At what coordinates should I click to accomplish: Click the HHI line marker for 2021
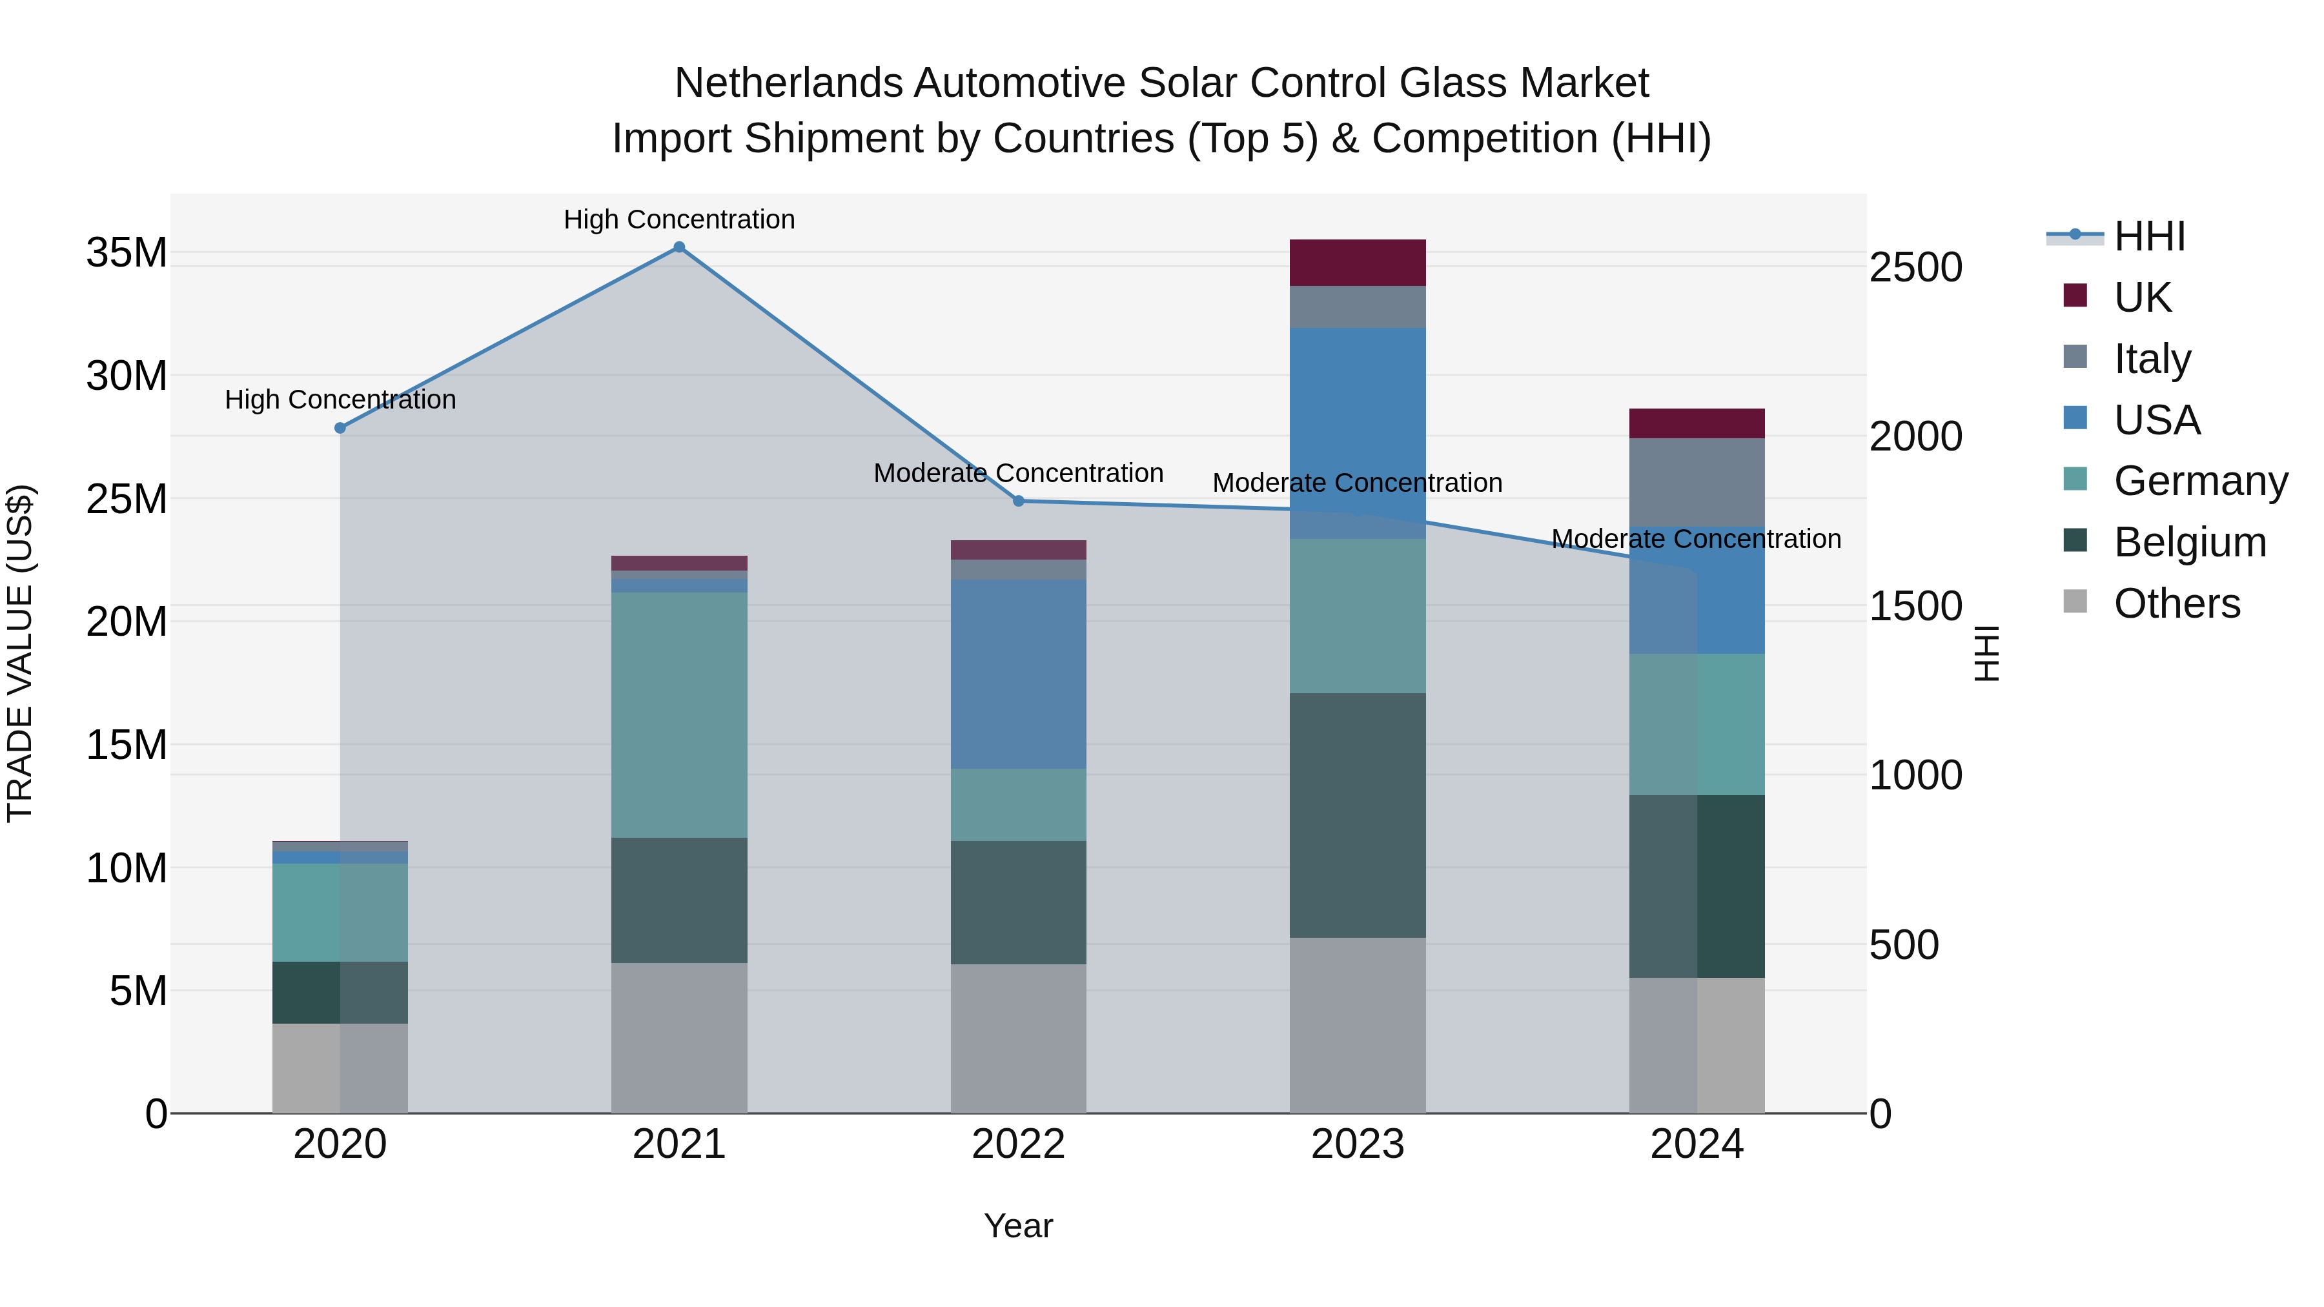pos(679,247)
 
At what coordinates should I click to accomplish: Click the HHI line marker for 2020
pos(340,427)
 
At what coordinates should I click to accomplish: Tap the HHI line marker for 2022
pos(1019,501)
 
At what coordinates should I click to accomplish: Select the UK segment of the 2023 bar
pos(1357,263)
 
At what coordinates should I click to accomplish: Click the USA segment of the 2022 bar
pos(1019,674)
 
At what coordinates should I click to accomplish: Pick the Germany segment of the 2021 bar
pos(679,714)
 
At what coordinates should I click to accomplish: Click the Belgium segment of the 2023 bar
pos(1357,815)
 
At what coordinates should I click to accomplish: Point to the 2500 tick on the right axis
pos(1915,268)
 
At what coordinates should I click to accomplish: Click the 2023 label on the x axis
pos(1357,1144)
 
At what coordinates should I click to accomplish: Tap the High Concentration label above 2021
pos(679,219)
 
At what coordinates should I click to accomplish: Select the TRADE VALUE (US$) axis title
pos(20,653)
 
